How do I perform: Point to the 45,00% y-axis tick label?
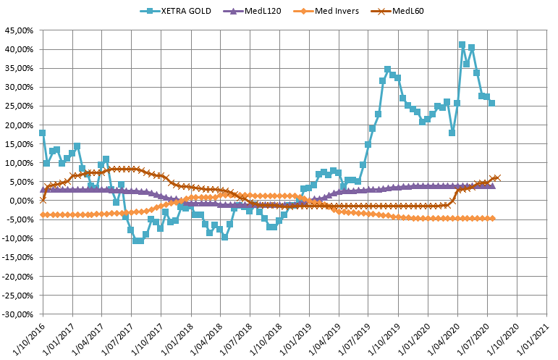(x=19, y=30)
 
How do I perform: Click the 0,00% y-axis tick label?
(x=22, y=201)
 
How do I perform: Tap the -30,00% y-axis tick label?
(x=17, y=314)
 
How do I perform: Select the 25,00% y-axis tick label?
(x=19, y=106)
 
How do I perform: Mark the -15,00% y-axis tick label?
(x=17, y=258)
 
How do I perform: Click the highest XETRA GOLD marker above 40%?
(x=462, y=45)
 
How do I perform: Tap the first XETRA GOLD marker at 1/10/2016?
(x=43, y=133)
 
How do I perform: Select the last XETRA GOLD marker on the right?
(x=491, y=103)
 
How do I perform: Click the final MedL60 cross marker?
(x=496, y=177)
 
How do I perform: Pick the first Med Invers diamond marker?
(x=43, y=215)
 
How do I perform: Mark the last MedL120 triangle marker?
(x=492, y=186)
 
